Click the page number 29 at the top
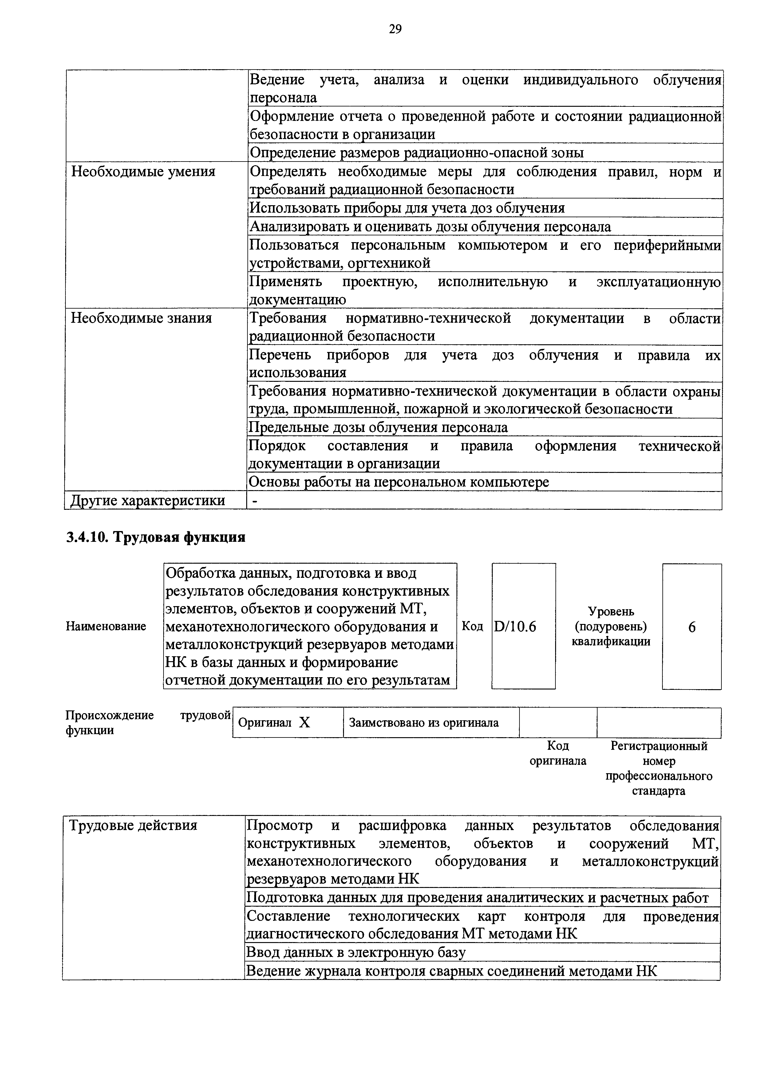(395, 30)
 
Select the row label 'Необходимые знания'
(141, 318)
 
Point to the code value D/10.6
(515, 626)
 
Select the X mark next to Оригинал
(305, 723)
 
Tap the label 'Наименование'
(106, 626)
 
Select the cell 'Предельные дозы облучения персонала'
(378, 427)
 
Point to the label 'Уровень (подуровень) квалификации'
(611, 626)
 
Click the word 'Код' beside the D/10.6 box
(472, 626)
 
